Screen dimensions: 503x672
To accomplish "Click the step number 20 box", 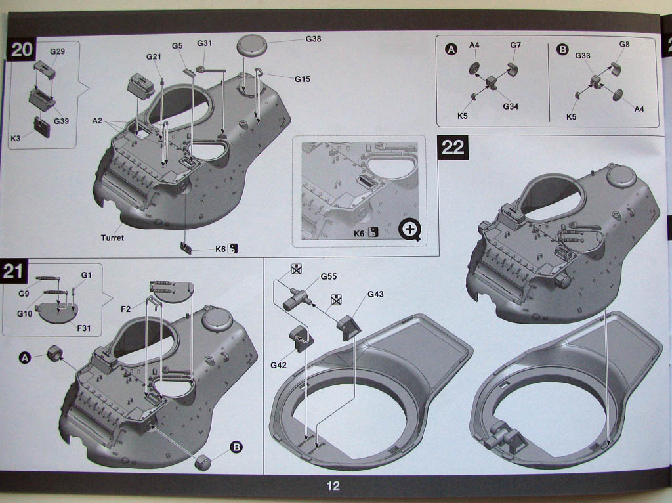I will tap(22, 51).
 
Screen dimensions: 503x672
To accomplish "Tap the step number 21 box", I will tap(18, 272).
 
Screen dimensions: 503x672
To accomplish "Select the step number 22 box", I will tap(453, 146).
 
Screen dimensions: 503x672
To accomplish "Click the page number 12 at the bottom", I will tap(333, 486).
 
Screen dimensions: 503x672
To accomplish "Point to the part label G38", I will tap(313, 39).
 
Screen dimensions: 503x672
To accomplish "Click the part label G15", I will tap(302, 79).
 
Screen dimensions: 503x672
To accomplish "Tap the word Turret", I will tap(112, 238).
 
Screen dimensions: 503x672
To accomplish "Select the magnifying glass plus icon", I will tap(410, 229).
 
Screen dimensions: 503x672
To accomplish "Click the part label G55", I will tap(329, 276).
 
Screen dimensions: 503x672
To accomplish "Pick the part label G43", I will tap(375, 294).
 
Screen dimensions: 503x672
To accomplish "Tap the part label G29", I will tap(58, 51).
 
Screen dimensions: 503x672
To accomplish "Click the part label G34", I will tap(511, 106).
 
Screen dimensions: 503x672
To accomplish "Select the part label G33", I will tap(583, 56).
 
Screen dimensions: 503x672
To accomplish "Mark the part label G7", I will tap(515, 45).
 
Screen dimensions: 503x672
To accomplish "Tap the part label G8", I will tap(624, 44).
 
